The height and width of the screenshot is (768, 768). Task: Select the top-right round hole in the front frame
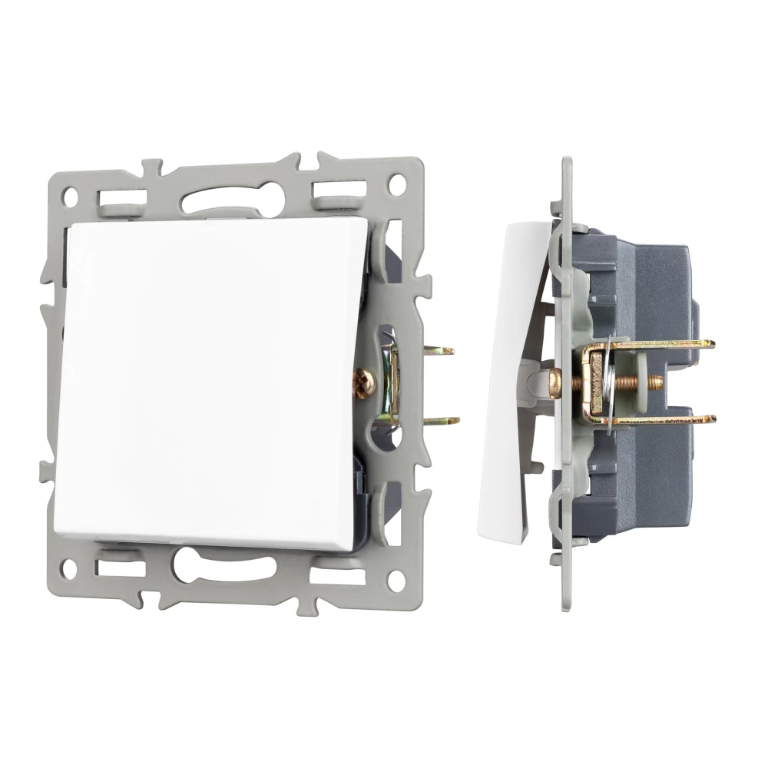397,184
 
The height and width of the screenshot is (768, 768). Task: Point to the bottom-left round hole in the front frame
71,569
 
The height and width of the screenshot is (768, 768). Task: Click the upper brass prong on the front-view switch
441,351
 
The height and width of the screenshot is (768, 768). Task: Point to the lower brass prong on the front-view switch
445,421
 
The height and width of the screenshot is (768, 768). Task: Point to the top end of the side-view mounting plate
567,165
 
